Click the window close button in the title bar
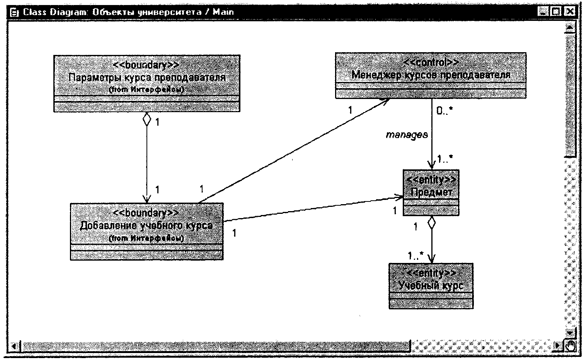tap(569, 12)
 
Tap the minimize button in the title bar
tap(543, 12)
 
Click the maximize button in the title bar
tap(556, 12)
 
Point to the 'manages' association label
tap(407, 135)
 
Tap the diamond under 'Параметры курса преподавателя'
tap(146, 119)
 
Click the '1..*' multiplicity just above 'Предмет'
tap(445, 158)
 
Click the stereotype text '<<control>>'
tap(431, 62)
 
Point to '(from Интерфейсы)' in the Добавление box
tap(146, 238)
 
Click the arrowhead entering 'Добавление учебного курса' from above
tap(146, 199)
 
